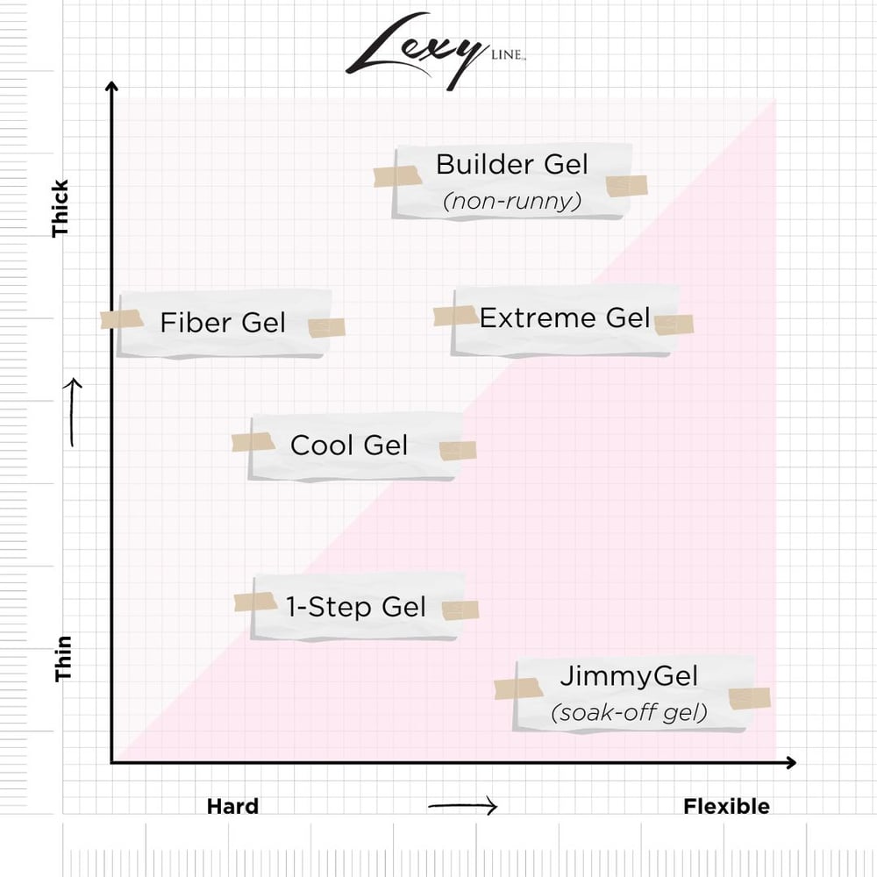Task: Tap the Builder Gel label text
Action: (x=511, y=165)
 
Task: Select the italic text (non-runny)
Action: (x=511, y=202)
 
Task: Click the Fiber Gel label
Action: (x=223, y=323)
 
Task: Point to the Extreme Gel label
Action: (x=565, y=317)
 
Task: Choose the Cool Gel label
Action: (x=349, y=446)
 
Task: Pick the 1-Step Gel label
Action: (x=355, y=606)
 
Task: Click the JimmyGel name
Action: (x=629, y=676)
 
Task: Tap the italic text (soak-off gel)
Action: (x=629, y=713)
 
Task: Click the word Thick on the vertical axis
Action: (x=61, y=209)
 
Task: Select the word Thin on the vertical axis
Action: (x=63, y=659)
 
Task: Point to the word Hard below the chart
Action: (x=232, y=807)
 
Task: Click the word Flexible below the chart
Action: (x=726, y=807)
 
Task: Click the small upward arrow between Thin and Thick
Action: (x=74, y=412)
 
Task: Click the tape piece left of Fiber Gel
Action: (x=122, y=319)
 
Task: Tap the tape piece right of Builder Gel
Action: (x=626, y=185)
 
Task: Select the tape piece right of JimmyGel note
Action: (x=750, y=698)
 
